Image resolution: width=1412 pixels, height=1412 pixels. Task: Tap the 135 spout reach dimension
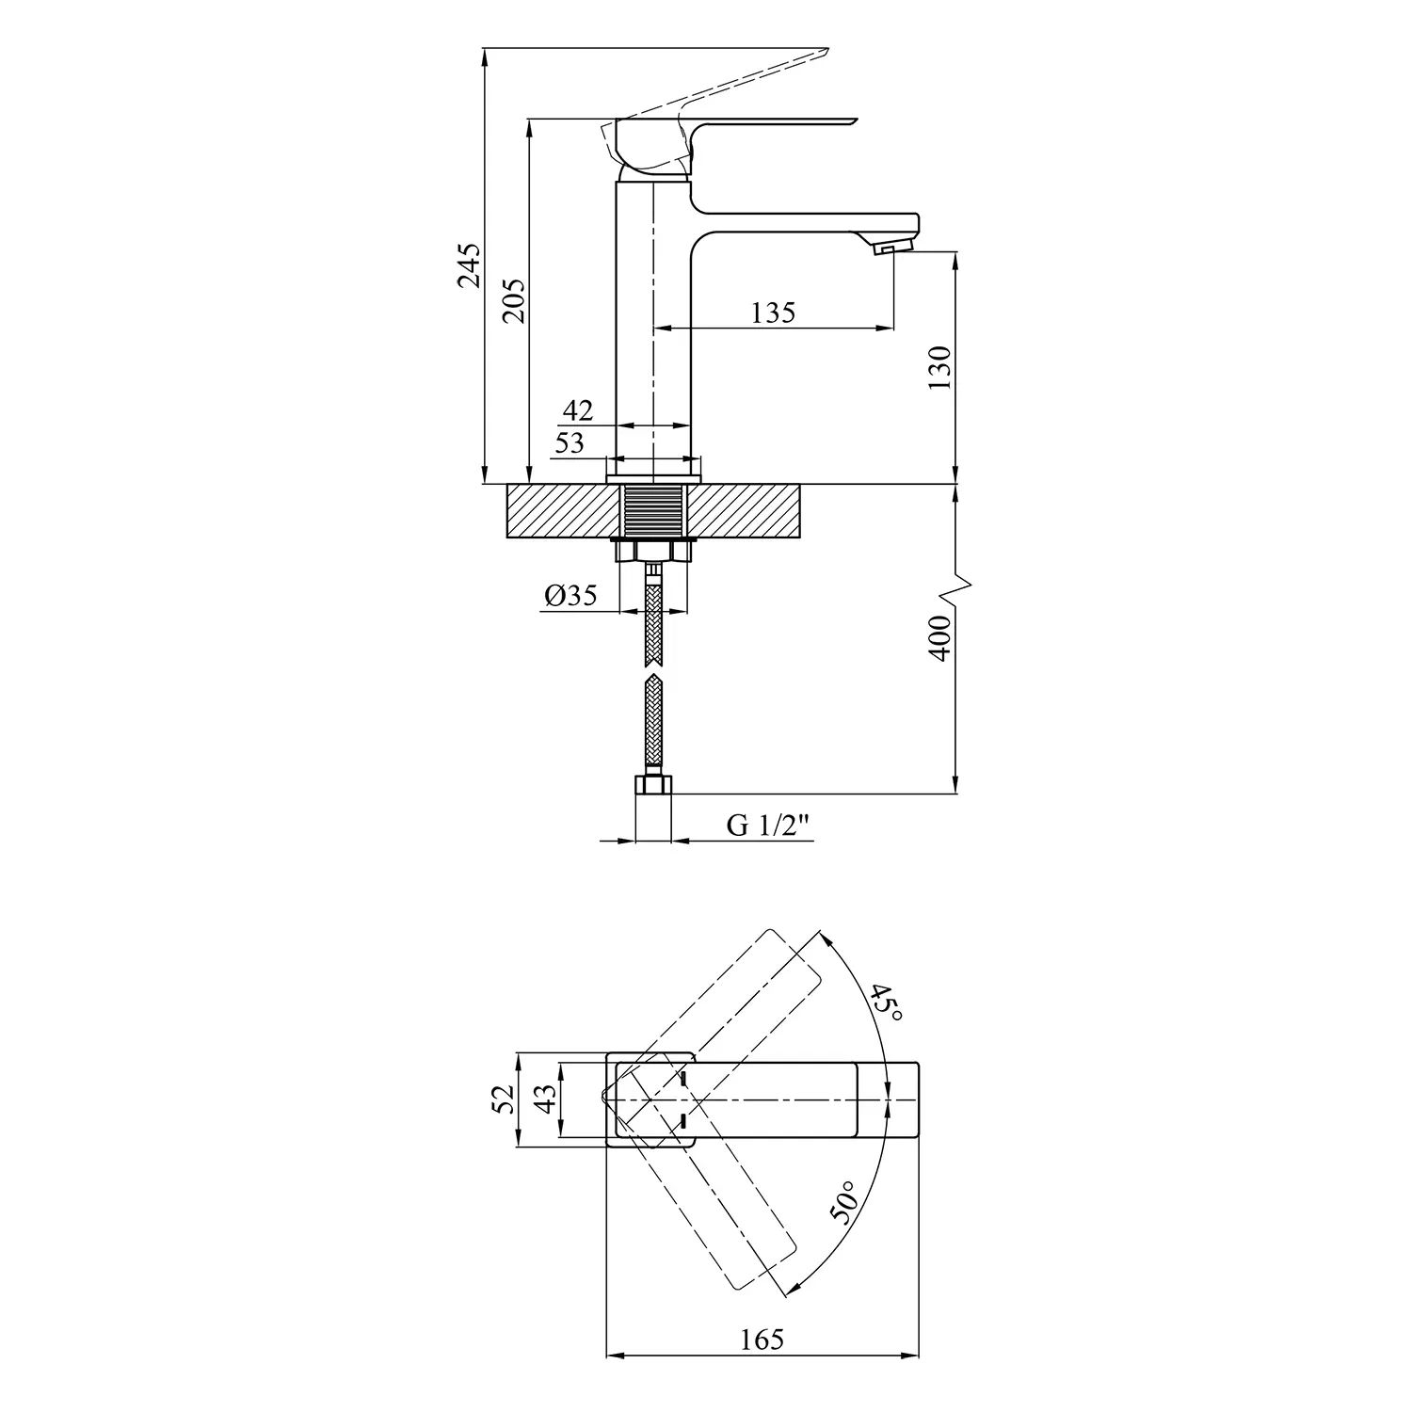tap(773, 313)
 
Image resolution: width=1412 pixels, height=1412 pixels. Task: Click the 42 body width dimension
tap(578, 410)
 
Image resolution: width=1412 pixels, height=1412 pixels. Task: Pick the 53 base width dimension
tap(569, 442)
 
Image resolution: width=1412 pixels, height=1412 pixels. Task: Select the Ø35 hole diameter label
tap(570, 595)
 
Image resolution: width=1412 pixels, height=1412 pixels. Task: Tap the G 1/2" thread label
tap(769, 826)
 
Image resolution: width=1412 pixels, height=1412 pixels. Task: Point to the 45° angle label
tap(886, 1004)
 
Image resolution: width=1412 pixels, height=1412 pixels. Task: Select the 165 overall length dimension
tap(762, 1339)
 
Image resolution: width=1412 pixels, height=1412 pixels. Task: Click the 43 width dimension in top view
tap(545, 1099)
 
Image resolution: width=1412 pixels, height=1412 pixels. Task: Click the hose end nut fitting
tap(653, 783)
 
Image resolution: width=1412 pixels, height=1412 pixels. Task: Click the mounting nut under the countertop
tap(653, 550)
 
